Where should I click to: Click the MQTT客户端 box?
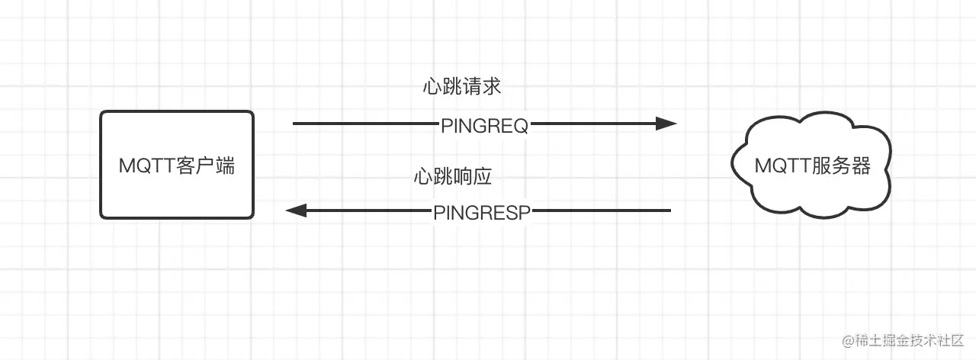pyautogui.click(x=177, y=165)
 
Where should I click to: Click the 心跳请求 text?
pyautogui.click(x=461, y=87)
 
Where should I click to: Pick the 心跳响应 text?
pyautogui.click(x=453, y=177)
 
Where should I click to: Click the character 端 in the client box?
pyautogui.click(x=225, y=166)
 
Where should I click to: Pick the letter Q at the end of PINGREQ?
pyautogui.click(x=520, y=127)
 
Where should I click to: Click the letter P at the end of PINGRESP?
pyautogui.click(x=523, y=214)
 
